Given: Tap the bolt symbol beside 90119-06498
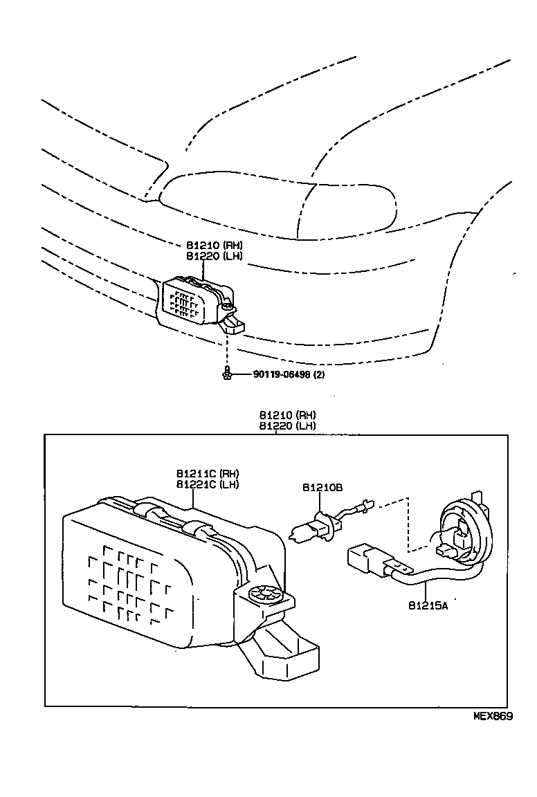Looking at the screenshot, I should point(226,374).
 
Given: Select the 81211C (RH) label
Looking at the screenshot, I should point(207,474).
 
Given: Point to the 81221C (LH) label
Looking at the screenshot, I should point(207,484).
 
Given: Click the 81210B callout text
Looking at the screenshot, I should point(322,487).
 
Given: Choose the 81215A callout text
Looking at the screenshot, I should point(428,605).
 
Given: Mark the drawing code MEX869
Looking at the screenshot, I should point(493,717).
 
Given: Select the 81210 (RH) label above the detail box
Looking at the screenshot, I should point(287,415).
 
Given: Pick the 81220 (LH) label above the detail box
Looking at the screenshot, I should point(287,425).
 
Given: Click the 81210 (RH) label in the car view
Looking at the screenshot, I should point(214,246).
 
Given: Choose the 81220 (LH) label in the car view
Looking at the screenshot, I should point(214,256).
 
